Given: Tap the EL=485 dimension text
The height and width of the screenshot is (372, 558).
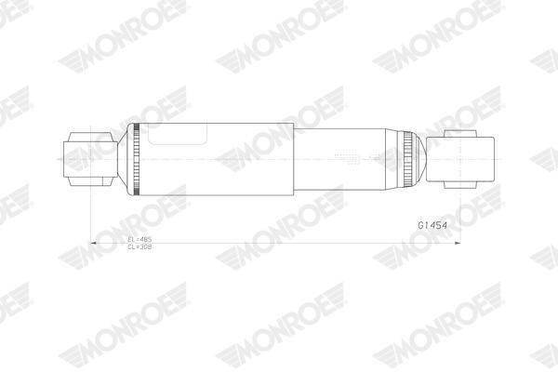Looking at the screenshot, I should pyautogui.click(x=139, y=240).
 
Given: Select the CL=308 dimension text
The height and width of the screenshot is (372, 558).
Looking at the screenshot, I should pyautogui.click(x=139, y=247).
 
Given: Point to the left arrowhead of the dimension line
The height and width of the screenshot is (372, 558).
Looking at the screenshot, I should pyautogui.click(x=92, y=244).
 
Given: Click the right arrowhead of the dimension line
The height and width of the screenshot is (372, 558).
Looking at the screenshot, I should pyautogui.click(x=459, y=244).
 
